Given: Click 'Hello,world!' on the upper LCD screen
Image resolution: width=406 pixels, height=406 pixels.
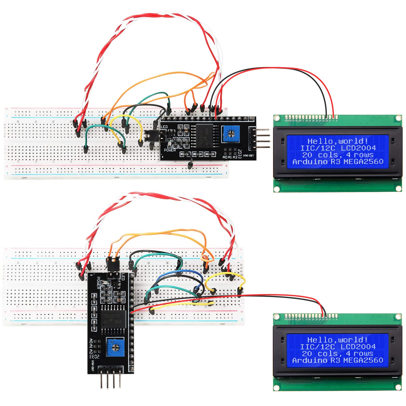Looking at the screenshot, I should click(x=337, y=141).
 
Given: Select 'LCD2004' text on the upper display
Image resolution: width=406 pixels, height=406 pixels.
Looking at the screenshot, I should click(x=358, y=148).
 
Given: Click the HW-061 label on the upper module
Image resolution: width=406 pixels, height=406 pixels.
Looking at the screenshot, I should click(x=248, y=155).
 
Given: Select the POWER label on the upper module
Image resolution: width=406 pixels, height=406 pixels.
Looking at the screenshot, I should click(x=170, y=150).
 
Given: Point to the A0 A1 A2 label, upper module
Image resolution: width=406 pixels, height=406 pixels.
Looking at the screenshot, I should click(x=230, y=157).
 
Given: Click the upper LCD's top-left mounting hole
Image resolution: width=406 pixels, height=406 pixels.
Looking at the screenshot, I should click(x=277, y=118).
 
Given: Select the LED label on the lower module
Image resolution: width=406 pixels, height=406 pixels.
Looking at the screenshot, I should click(x=123, y=276).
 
